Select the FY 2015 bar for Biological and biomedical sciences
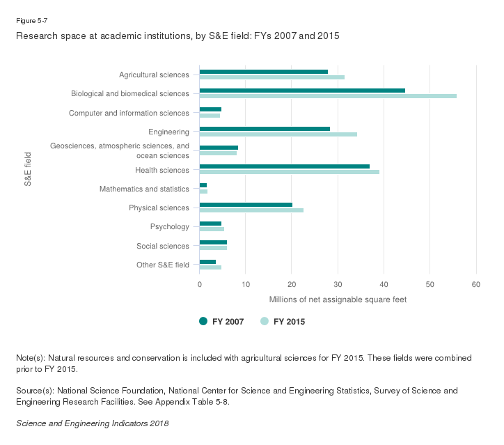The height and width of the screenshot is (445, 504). pos(328,96)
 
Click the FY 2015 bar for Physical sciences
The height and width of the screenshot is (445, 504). pos(251,210)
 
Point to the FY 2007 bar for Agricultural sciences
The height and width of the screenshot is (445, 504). pos(263,72)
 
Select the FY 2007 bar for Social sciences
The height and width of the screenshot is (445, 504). pos(213,242)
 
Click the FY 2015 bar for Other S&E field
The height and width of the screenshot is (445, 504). pos(210,267)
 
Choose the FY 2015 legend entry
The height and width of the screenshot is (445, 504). pos(283,321)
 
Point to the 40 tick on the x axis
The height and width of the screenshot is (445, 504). pos(384,284)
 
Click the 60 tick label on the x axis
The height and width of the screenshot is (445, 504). pos(476,284)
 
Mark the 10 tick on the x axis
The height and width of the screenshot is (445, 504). pos(246,284)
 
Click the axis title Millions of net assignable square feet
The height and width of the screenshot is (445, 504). pos(338,299)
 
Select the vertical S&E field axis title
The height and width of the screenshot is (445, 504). pos(29,170)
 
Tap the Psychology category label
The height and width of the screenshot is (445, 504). pos(169,227)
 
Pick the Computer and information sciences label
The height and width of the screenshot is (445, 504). pos(129,113)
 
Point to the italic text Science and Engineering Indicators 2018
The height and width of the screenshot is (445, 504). pos(92,423)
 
